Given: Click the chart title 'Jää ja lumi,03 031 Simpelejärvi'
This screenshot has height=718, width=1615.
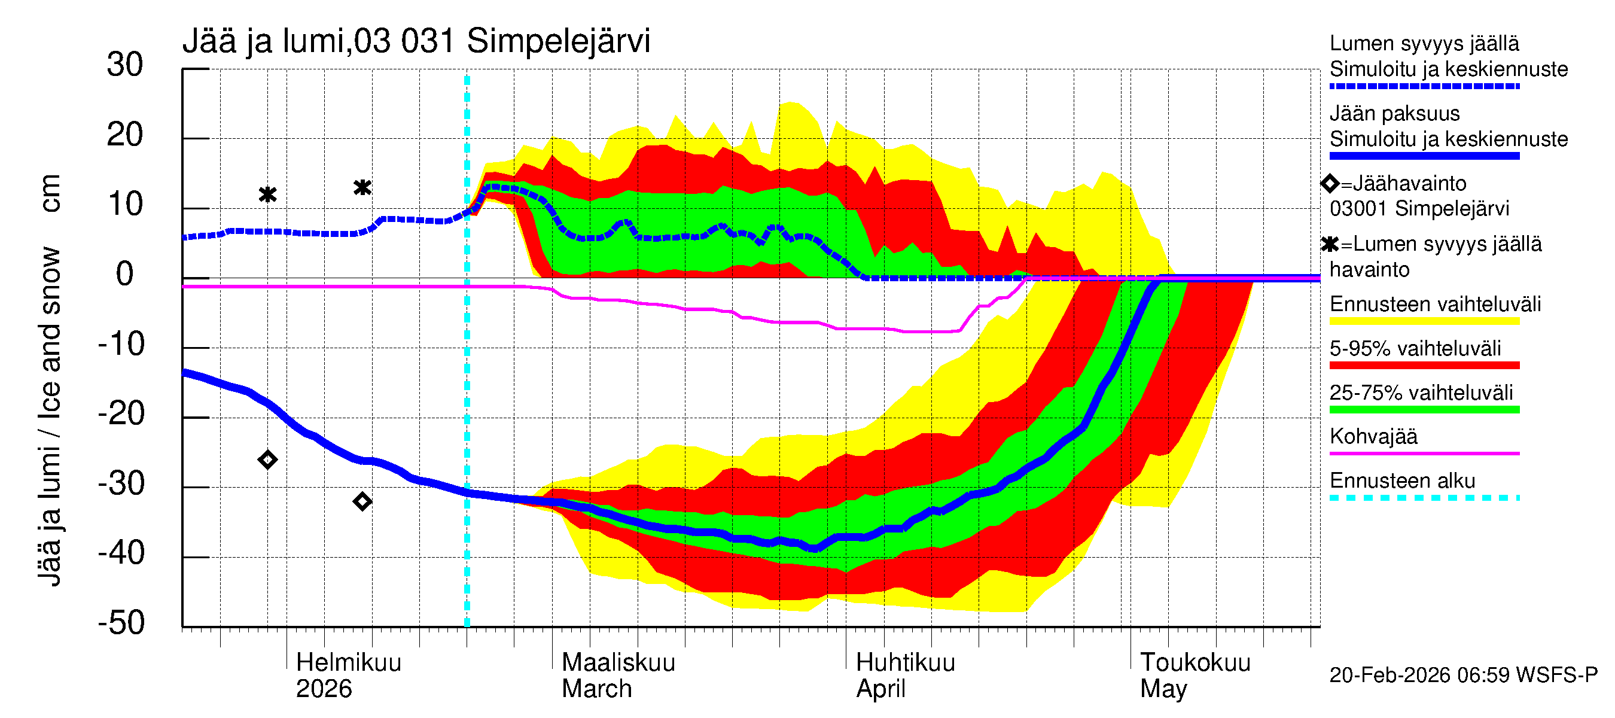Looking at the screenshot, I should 416,41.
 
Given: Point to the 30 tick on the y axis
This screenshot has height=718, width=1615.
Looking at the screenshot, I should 125,65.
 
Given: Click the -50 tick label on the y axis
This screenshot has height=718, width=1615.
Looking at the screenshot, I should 121,623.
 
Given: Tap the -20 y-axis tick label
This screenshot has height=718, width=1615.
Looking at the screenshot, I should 121,414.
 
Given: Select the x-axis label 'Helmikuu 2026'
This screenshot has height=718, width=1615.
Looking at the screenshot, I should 348,676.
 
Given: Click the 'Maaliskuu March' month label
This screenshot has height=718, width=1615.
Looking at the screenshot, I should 617,676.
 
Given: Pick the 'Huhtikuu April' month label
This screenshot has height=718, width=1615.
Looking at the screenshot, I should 904,676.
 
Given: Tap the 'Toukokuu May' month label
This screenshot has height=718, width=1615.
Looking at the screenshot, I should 1195,676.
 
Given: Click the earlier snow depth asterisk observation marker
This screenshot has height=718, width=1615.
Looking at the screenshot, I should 268,195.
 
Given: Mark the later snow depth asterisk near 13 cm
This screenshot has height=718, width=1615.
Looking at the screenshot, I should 362,187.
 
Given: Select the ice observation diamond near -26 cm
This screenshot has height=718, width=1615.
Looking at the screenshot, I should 268,460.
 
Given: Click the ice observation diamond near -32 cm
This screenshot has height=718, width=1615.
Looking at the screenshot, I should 362,501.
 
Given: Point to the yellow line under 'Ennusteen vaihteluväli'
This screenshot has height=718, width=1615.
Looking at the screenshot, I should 1424,321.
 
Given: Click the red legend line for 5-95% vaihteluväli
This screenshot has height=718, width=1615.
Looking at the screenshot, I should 1424,365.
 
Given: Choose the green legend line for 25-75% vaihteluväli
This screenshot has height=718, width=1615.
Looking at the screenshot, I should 1424,409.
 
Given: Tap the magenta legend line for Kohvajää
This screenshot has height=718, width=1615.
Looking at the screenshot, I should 1424,453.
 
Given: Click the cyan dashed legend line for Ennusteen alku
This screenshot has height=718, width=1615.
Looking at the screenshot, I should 1424,498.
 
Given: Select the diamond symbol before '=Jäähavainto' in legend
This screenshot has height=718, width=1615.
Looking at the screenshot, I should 1330,184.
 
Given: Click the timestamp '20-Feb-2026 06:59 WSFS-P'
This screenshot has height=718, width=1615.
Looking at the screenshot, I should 1463,675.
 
